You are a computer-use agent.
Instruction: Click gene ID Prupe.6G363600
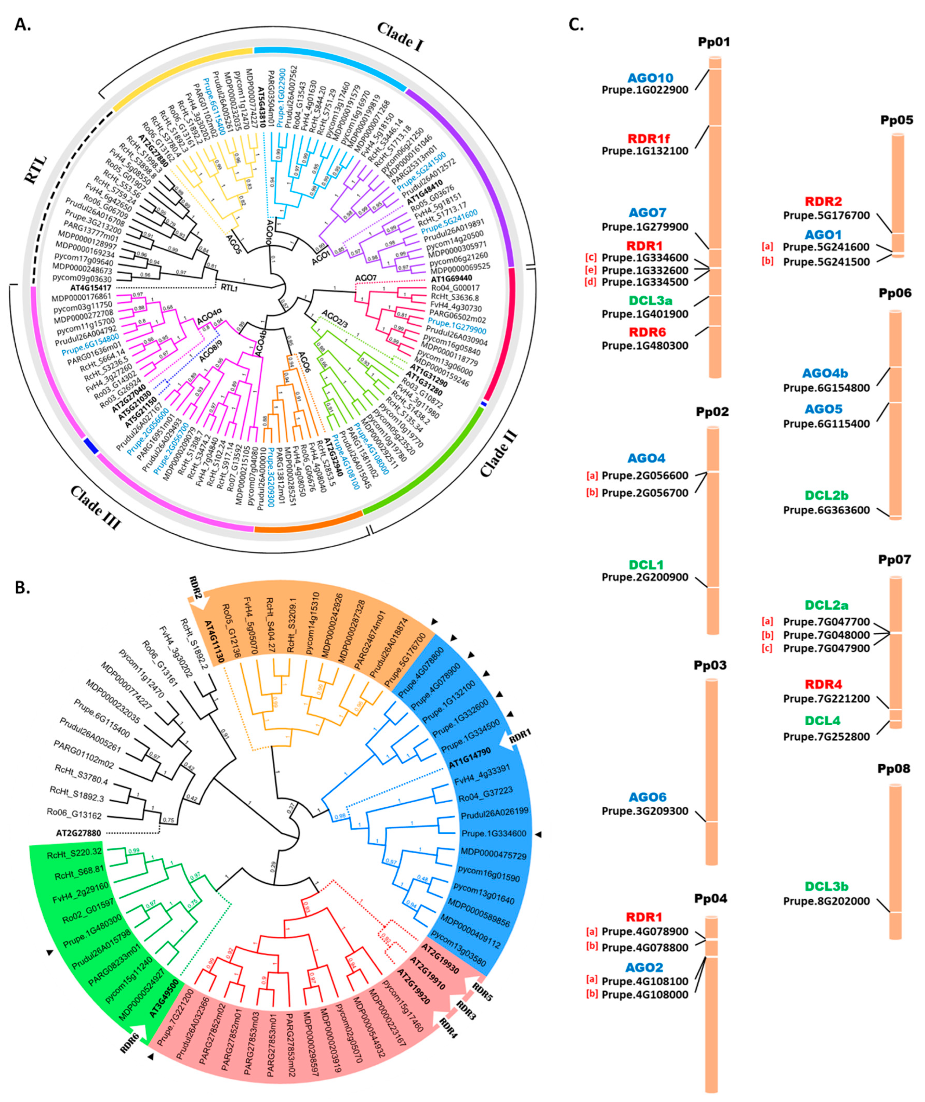(x=826, y=510)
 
